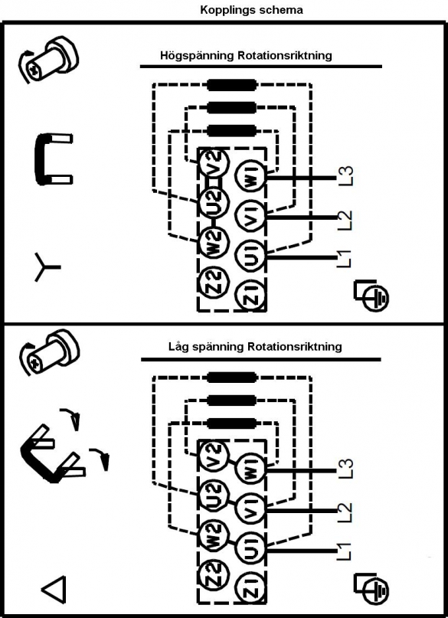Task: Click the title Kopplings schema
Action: [251, 10]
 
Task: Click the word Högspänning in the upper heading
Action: [197, 56]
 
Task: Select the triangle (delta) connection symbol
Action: [54, 590]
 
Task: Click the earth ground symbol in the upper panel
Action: [371, 293]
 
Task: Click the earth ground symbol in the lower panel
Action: [371, 587]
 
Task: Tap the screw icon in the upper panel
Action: [48, 60]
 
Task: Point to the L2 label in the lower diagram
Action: [345, 512]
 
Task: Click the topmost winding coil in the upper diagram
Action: [232, 84]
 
